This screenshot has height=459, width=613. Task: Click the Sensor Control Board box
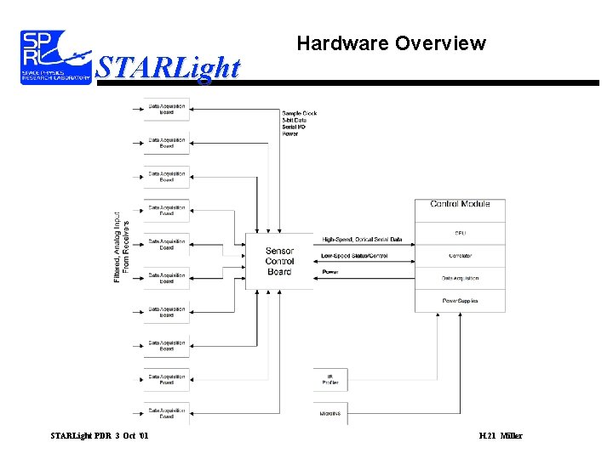pyautogui.click(x=279, y=261)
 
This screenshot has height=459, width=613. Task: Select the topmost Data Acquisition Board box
pyautogui.click(x=167, y=109)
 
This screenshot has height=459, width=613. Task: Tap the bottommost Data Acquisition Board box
pyautogui.click(x=167, y=413)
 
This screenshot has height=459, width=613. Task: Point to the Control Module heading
pyautogui.click(x=460, y=204)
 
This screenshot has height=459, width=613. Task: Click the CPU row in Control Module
pyautogui.click(x=460, y=233)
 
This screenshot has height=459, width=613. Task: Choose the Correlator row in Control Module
pyautogui.click(x=460, y=256)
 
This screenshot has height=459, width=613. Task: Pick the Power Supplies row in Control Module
pyautogui.click(x=460, y=300)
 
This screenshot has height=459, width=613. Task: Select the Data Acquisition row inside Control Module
pyautogui.click(x=460, y=278)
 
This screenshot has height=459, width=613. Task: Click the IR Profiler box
pyautogui.click(x=331, y=379)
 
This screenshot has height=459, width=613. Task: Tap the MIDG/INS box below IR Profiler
pyautogui.click(x=331, y=413)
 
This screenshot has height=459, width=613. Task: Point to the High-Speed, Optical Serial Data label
pyautogui.click(x=362, y=240)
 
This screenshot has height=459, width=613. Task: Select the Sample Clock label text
pyautogui.click(x=300, y=113)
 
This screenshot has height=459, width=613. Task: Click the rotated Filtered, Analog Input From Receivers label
pyautogui.click(x=122, y=246)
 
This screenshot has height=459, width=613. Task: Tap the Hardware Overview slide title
pyautogui.click(x=391, y=43)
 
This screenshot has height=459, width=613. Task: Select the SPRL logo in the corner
pyautogui.click(x=55, y=56)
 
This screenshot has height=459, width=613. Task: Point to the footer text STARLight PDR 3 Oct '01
pyautogui.click(x=100, y=436)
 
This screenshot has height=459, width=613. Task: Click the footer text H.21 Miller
pyautogui.click(x=501, y=436)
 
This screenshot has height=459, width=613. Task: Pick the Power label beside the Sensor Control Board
pyautogui.click(x=330, y=272)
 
